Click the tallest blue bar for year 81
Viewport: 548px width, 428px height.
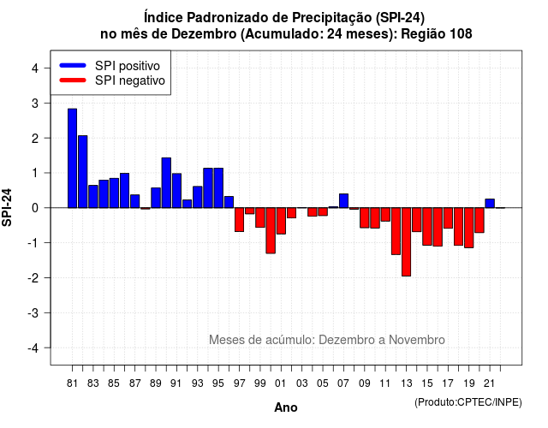72,158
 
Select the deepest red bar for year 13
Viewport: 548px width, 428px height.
407,241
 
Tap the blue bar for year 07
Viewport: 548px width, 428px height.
344,201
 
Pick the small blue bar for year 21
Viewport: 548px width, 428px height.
490,204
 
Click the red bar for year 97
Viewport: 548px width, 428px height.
240,220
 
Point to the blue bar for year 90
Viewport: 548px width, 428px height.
166,182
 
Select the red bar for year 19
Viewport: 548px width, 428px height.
469,228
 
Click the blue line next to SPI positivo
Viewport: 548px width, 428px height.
73,65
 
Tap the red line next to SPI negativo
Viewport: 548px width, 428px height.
73,80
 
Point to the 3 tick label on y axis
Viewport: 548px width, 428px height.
35,104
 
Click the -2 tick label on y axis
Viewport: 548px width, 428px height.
33,278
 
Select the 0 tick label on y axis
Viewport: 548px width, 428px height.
35,208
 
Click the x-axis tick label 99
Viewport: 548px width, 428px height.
260,383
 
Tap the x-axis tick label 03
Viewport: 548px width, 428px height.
302,383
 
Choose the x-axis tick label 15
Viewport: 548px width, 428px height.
427,383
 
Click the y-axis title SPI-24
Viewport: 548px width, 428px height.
7,207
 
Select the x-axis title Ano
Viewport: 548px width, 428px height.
286,407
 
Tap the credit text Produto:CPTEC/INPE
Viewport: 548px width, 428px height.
468,402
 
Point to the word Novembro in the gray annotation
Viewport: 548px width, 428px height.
417,340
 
